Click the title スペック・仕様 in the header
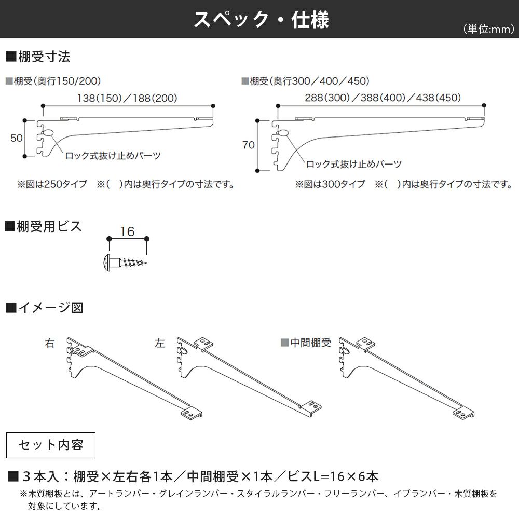pos(261,20)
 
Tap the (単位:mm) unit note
pos(488,30)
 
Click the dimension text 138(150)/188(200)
pos(127,98)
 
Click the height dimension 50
pos(17,138)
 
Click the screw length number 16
pos(127,231)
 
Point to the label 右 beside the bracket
pos(50,344)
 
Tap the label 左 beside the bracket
pos(160,344)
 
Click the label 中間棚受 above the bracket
pos(310,343)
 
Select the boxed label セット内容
pos(50,445)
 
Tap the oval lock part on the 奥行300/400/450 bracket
pos(283,133)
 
